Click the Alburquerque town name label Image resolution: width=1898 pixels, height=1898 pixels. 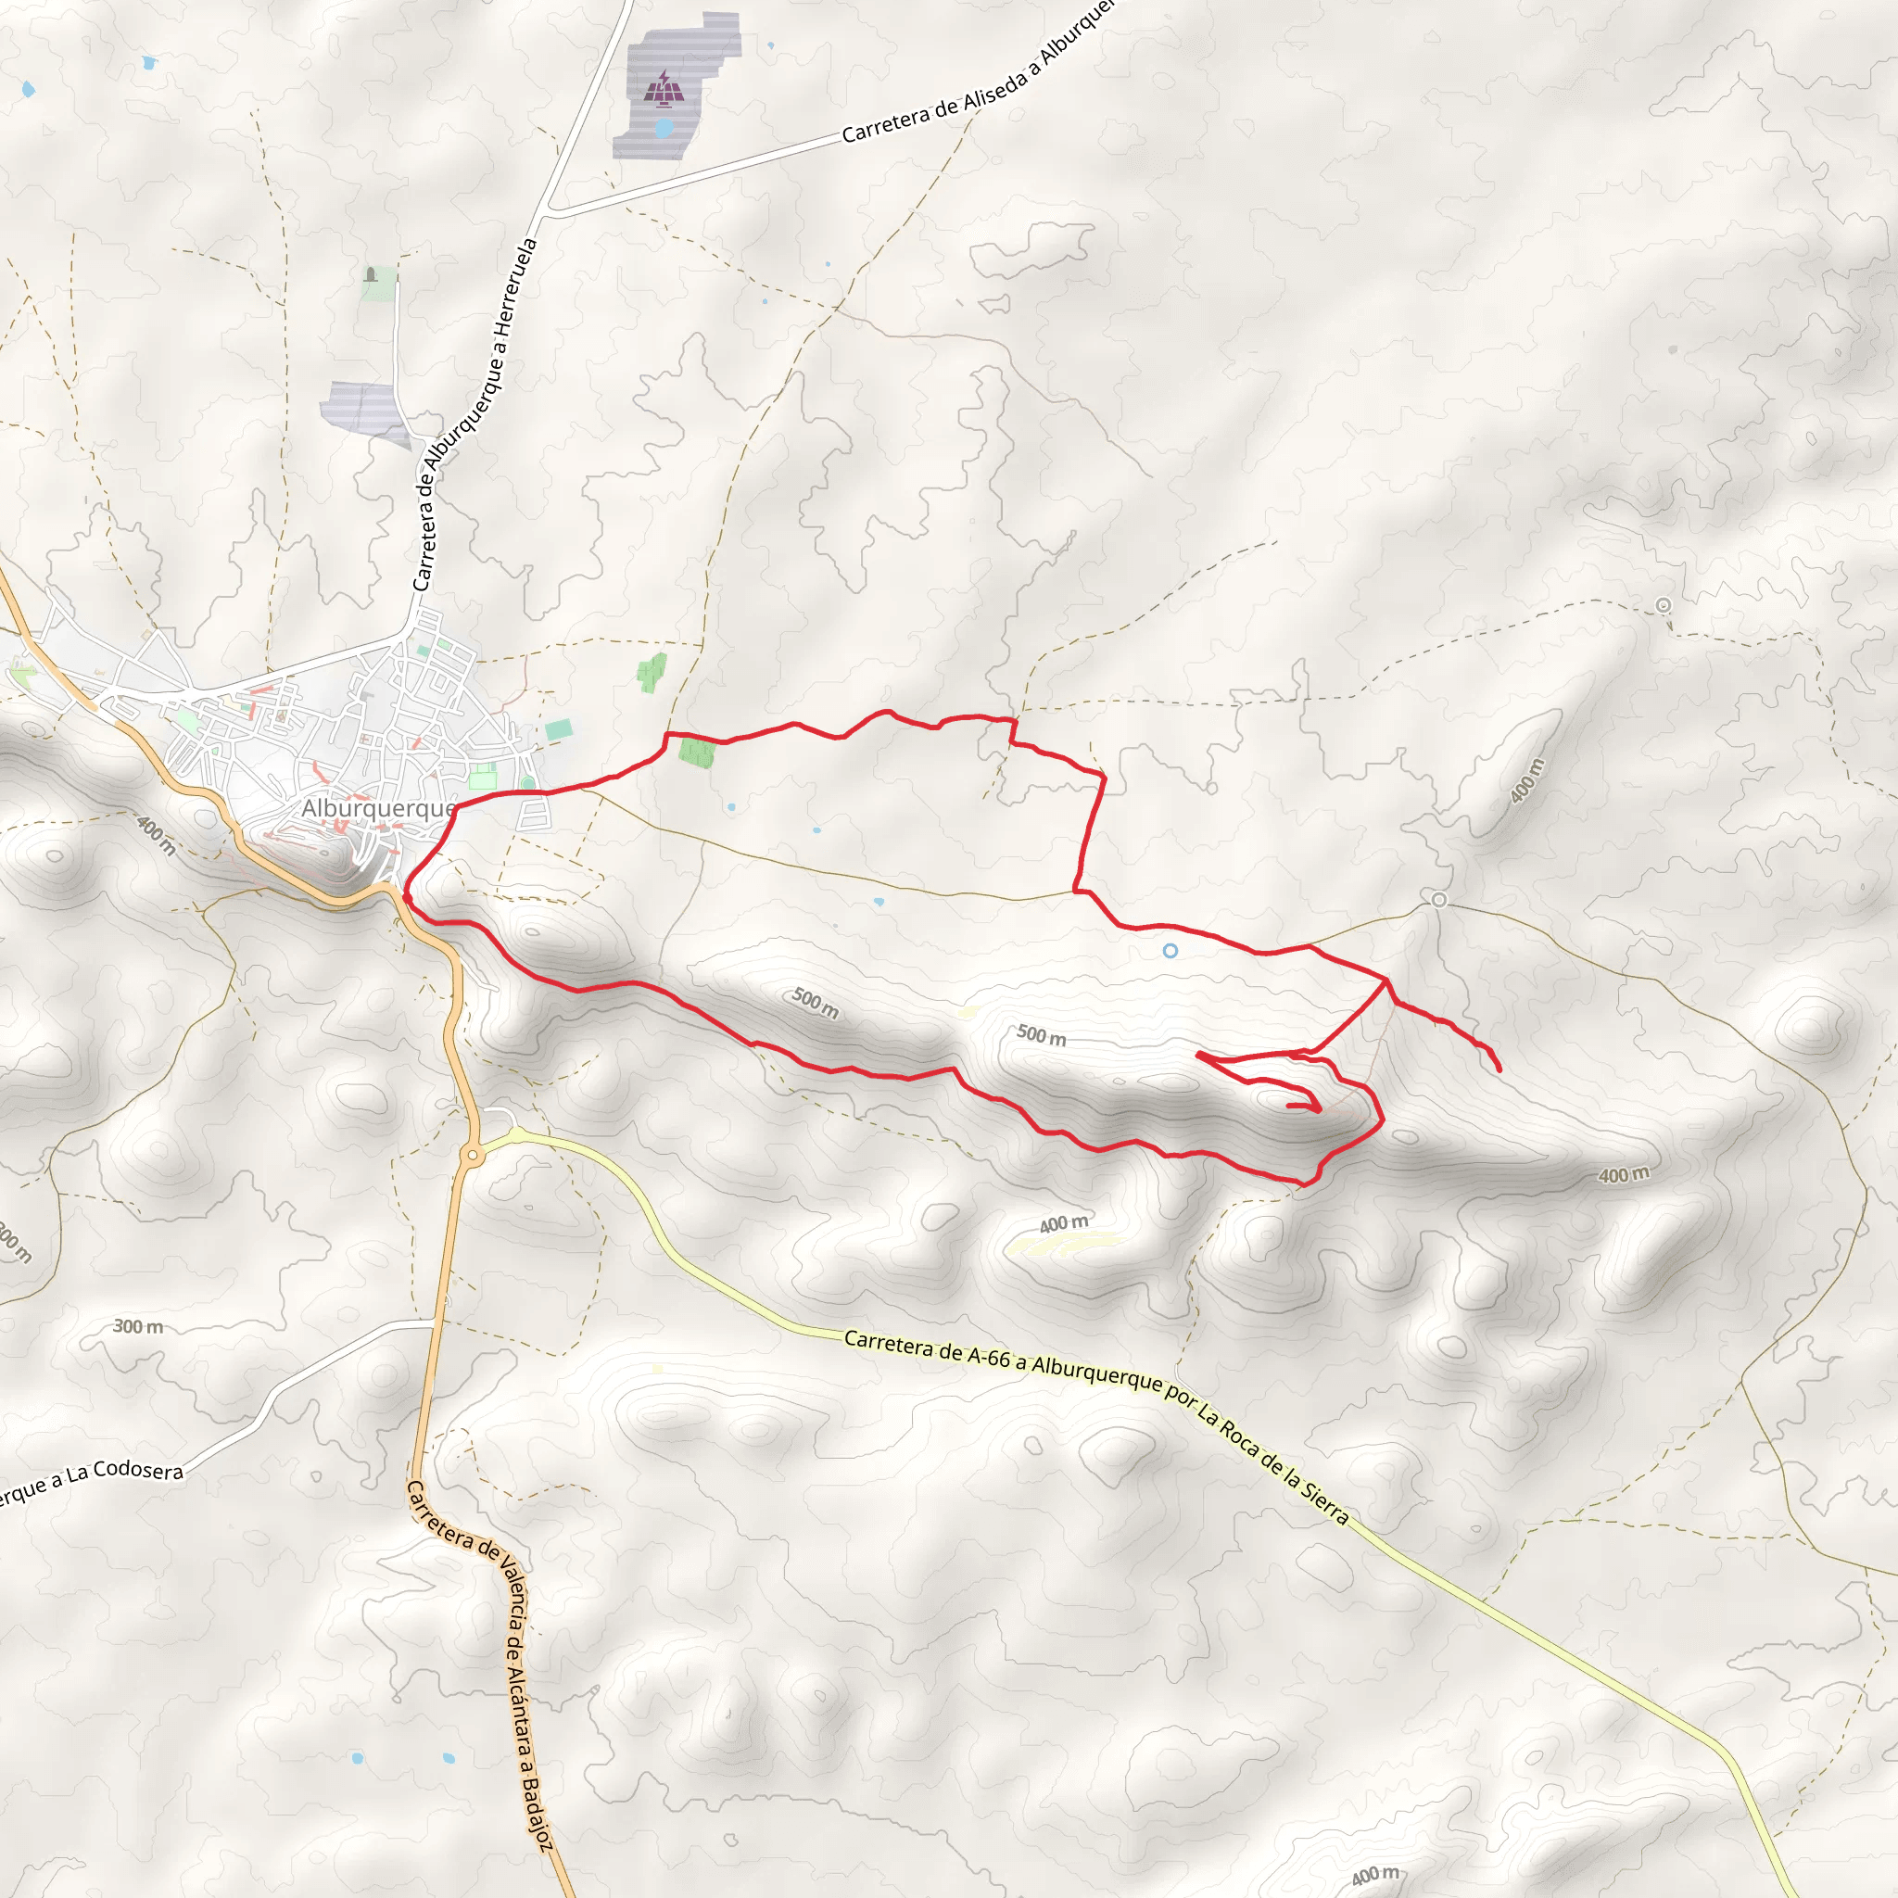point(378,808)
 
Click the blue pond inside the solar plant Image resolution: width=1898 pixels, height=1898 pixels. point(664,128)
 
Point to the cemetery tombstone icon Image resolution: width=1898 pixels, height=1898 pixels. point(371,274)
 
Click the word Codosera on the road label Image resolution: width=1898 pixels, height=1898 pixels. point(137,1471)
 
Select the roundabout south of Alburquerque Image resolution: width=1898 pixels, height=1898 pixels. point(474,1156)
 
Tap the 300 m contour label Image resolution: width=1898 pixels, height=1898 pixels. point(137,1326)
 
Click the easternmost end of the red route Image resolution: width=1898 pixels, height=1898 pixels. point(1500,1069)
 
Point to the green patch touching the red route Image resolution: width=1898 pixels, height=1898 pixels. point(697,753)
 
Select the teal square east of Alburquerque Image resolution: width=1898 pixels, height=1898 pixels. point(559,730)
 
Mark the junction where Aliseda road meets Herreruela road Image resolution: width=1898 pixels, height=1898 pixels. point(550,209)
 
